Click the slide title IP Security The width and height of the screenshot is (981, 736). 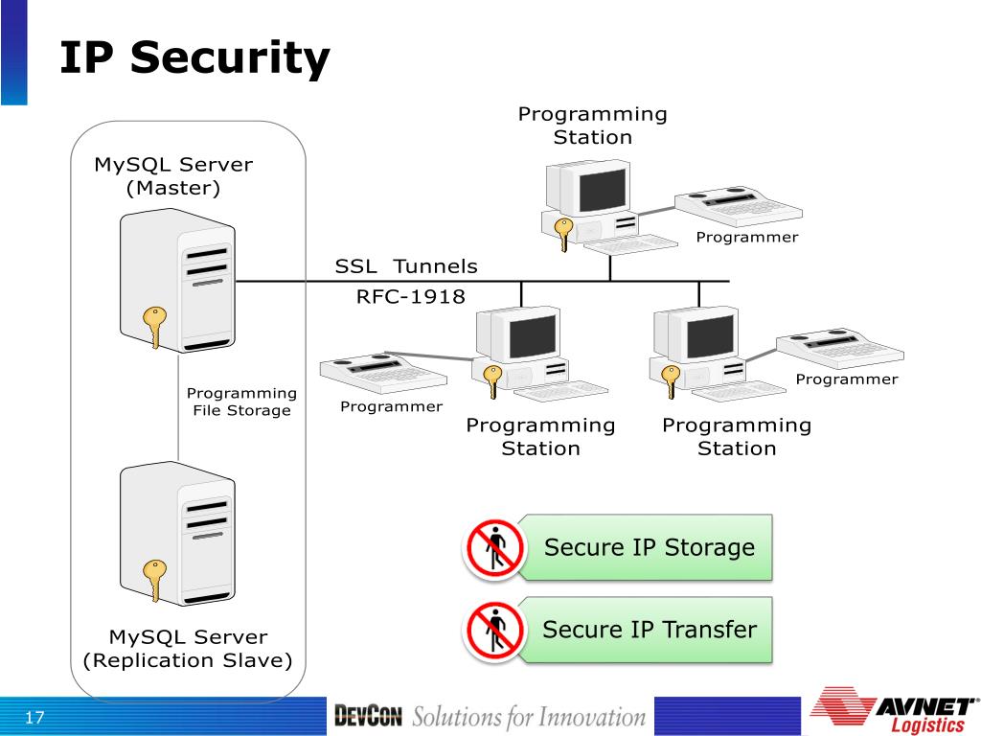point(194,57)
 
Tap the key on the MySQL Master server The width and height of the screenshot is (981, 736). point(154,326)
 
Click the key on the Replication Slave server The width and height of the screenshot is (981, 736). point(154,580)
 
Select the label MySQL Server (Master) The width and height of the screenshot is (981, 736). point(173,176)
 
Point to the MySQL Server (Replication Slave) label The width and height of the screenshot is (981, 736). point(188,649)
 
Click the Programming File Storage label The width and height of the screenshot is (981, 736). point(241,402)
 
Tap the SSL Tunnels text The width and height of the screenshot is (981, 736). point(406,266)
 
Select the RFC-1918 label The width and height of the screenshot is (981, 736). point(410,296)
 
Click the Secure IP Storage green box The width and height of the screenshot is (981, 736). point(646,547)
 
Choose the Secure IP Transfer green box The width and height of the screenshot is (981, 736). point(646,630)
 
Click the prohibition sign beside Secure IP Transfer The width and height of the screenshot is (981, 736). point(493,631)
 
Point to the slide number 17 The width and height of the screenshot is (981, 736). point(34,717)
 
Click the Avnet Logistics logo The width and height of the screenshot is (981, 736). point(895,710)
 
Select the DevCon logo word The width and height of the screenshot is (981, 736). point(368,716)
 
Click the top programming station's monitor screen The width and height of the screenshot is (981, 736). point(602,190)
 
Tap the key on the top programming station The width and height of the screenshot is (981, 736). point(563,234)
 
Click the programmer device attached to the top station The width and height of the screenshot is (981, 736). point(739,207)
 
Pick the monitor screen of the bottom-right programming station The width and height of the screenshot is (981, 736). point(710,336)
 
